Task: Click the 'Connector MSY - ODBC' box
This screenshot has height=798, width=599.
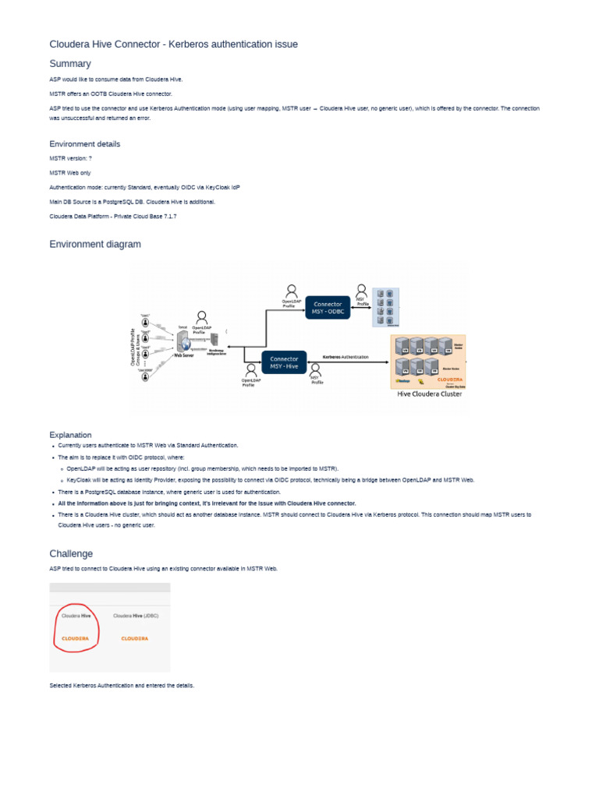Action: pos(328,307)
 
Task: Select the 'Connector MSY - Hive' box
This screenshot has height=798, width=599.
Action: pos(284,362)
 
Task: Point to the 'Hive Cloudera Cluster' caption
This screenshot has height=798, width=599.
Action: pos(430,394)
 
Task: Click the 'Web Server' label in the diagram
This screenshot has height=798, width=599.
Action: pos(183,355)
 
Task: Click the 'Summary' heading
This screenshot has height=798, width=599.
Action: pos(70,64)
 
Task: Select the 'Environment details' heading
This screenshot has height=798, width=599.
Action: pos(85,144)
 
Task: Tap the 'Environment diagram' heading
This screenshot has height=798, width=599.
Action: pos(95,244)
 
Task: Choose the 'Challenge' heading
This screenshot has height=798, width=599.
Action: pos(71,553)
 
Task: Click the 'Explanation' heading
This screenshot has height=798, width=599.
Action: pos(70,435)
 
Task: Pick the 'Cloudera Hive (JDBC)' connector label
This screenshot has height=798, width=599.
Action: pos(136,616)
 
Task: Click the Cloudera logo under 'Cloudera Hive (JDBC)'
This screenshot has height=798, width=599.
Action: pos(136,637)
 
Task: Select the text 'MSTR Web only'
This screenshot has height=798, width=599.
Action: pos(70,173)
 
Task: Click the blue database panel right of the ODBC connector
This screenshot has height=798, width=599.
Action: pos(385,307)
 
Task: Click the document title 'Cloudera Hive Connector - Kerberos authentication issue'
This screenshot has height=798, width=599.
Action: pos(173,44)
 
